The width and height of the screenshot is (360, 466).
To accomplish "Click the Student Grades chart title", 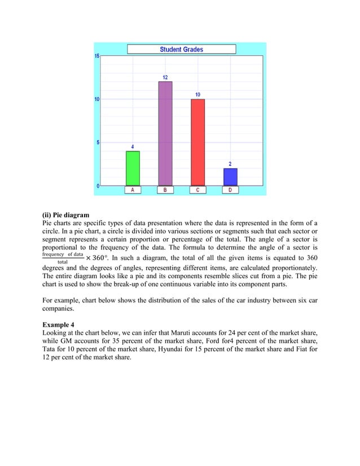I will tap(181, 49).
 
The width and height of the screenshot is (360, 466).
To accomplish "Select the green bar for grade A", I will tap(133, 168).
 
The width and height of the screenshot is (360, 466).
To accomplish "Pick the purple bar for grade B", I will tap(165, 133).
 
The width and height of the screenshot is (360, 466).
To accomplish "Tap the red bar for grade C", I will tap(197, 142).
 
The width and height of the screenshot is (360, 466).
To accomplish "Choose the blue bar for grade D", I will tap(230, 177).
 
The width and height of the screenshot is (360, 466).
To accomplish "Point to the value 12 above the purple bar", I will tap(165, 77).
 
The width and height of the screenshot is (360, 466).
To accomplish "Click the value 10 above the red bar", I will tap(197, 94).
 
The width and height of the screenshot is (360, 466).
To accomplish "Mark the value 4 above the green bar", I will tap(133, 147).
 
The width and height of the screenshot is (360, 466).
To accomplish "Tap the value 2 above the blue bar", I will tap(230, 164).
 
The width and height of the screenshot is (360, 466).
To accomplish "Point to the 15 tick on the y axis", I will tap(97, 56).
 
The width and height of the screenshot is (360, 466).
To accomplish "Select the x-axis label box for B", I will tap(165, 190).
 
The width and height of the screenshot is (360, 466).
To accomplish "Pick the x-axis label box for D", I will tap(230, 190).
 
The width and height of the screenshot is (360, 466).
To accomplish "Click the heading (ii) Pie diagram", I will tap(65, 215).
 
